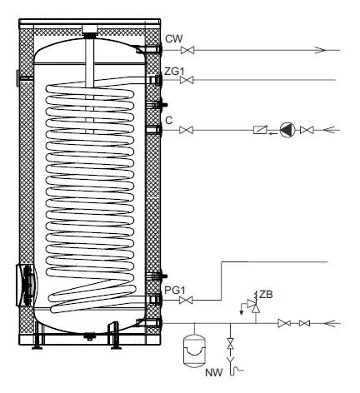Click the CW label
point(174,37)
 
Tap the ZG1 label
point(174,72)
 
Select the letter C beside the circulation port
point(169,121)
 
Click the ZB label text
point(266,295)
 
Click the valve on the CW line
point(187,50)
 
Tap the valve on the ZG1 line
point(187,80)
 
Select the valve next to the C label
point(187,130)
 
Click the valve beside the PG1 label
point(187,299)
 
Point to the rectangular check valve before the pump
point(260,130)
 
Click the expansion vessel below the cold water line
point(194,350)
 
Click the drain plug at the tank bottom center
point(89,336)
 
